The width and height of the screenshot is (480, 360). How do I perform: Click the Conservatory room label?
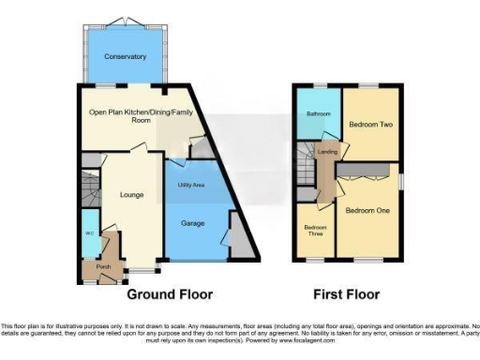(125, 56)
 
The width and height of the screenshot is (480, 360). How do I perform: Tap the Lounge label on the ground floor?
(130, 195)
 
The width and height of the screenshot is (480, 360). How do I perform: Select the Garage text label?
(192, 223)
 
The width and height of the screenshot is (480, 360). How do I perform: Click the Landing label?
(327, 152)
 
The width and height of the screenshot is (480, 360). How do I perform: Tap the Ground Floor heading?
(170, 293)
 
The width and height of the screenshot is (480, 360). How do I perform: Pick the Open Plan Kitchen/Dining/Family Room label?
(132, 115)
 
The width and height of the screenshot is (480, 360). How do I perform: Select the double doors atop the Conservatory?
(125, 22)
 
